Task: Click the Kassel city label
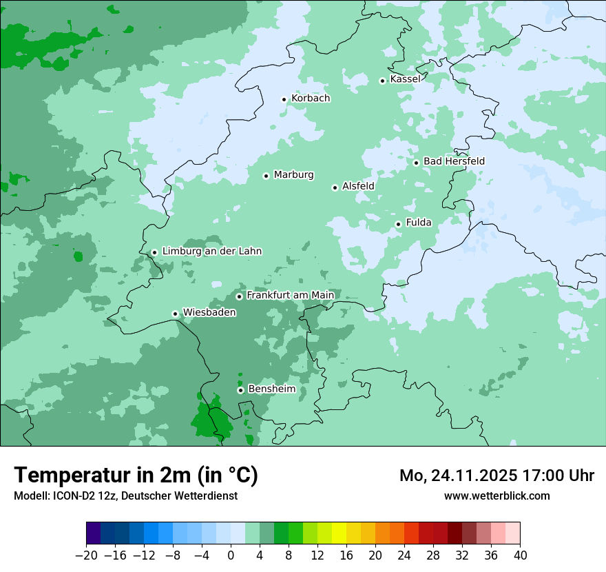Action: pos(405,79)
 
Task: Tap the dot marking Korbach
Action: pos(284,99)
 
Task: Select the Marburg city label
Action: pos(293,175)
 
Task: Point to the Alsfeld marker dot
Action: pos(335,187)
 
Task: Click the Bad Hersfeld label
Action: pos(454,161)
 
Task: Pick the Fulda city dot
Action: pos(398,224)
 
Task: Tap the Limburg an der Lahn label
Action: pos(211,252)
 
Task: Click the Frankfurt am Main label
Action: pos(290,296)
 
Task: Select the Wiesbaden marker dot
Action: pos(175,314)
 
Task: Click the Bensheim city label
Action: pos(271,389)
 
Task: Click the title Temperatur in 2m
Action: pos(136,475)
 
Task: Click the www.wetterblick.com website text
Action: pos(497,496)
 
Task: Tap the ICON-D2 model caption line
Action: pos(125,496)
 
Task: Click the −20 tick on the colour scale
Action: pos(86,555)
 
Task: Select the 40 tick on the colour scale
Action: pos(520,555)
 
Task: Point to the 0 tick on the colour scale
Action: pos(231,555)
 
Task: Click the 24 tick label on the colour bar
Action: pos(404,555)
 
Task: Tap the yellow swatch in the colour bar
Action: pos(339,533)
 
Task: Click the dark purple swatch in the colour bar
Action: pos(94,533)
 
